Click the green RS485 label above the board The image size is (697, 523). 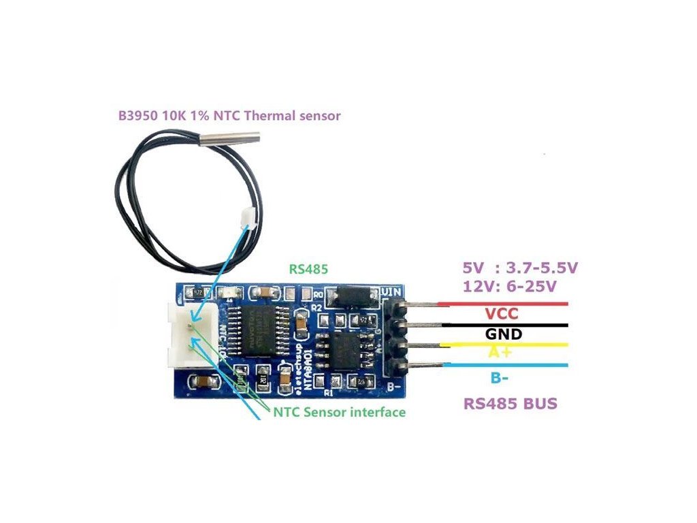pos(308,269)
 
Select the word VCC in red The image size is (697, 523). pos(502,314)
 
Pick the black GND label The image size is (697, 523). pos(504,334)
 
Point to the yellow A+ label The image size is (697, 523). pos(502,352)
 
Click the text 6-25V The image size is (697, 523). pos(537,287)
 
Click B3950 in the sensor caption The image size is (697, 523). pos(139,116)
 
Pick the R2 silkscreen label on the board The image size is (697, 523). pos(316,308)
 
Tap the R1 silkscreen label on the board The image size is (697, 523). pos(329,393)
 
